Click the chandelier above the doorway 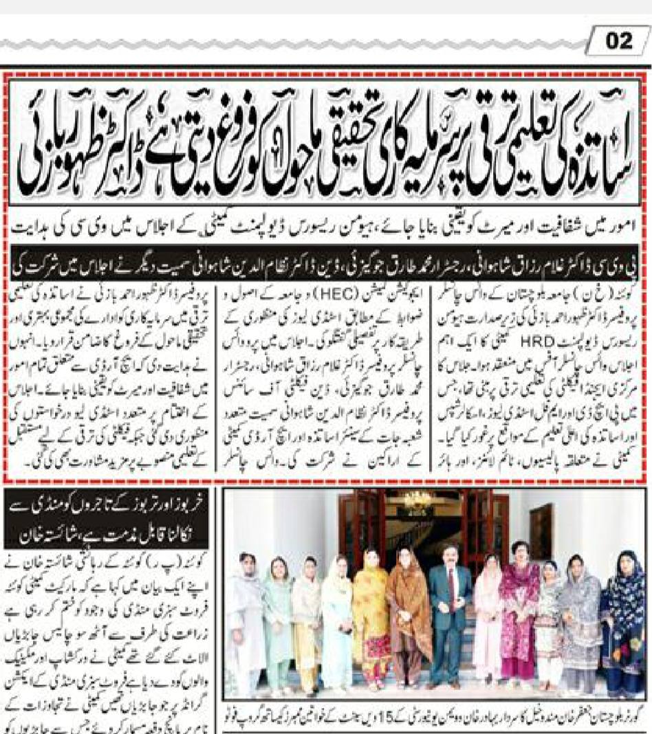pyautogui.click(x=417, y=500)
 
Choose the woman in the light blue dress pyautogui.click(x=336, y=625)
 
